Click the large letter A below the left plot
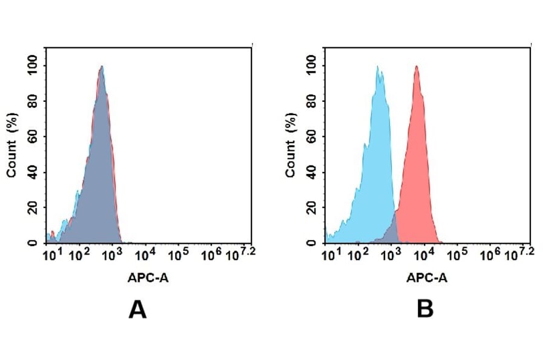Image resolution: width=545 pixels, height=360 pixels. click(x=137, y=310)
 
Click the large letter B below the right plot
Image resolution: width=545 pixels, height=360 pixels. click(x=425, y=310)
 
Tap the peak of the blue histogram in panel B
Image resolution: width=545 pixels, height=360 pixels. click(x=378, y=67)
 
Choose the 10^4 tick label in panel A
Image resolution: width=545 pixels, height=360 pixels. click(x=145, y=255)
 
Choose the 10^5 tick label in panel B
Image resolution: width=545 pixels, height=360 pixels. click(x=457, y=255)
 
